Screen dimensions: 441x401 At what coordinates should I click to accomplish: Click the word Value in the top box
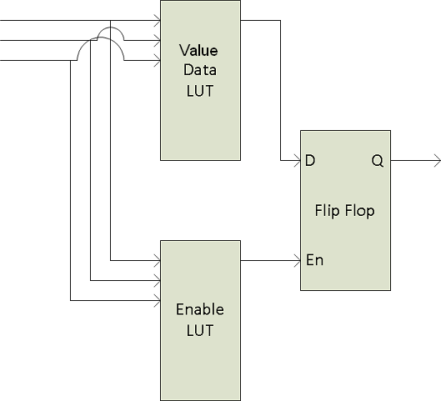pyautogui.click(x=198, y=51)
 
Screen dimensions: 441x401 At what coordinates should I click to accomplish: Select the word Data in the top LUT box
pyautogui.click(x=200, y=70)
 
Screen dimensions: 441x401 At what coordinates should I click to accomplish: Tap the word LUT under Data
pyautogui.click(x=200, y=91)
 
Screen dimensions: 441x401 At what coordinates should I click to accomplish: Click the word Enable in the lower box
pyautogui.click(x=200, y=309)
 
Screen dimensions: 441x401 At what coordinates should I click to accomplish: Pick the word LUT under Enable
pyautogui.click(x=200, y=330)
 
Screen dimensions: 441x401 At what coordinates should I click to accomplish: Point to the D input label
pyautogui.click(x=310, y=160)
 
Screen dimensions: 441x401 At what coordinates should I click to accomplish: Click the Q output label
pyautogui.click(x=378, y=161)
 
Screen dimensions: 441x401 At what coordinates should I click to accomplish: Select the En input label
pyautogui.click(x=315, y=260)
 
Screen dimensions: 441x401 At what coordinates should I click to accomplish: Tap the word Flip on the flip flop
pyautogui.click(x=327, y=211)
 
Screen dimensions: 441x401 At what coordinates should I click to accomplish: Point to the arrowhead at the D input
pyautogui.click(x=298, y=161)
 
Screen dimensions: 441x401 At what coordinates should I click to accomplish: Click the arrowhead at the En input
pyautogui.click(x=298, y=260)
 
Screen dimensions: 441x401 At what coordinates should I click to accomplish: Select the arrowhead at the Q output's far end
pyautogui.click(x=438, y=161)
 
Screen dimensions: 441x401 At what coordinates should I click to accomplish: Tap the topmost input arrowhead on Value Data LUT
pyautogui.click(x=158, y=21)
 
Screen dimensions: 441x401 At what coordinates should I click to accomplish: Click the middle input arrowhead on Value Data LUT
pyautogui.click(x=158, y=41)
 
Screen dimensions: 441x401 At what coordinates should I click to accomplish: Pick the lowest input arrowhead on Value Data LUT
pyautogui.click(x=158, y=61)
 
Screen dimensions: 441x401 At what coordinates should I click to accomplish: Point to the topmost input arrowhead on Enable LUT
pyautogui.click(x=158, y=260)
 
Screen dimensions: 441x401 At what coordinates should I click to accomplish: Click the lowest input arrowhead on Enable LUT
pyautogui.click(x=158, y=301)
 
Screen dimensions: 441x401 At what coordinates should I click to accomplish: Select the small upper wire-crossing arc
pyautogui.click(x=111, y=28)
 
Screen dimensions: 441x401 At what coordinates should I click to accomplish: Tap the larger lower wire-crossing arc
pyautogui.click(x=100, y=38)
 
